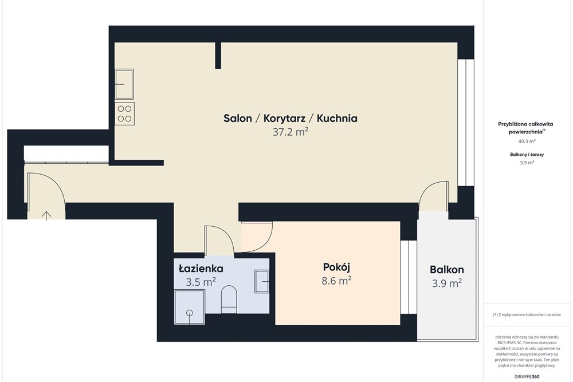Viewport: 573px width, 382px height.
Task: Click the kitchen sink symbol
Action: pos(124,84)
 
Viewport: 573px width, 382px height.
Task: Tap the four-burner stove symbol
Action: pos(124,113)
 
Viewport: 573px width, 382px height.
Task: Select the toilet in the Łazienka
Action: pos(229,300)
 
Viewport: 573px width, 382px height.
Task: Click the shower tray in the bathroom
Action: pos(190,307)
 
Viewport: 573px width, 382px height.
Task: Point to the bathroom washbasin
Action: pos(262,281)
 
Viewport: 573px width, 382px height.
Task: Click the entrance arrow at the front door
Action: pos(46,215)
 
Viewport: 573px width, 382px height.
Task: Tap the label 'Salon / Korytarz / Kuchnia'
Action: pos(291,119)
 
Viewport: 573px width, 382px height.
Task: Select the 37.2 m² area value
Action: pos(291,132)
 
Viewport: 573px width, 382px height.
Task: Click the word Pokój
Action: pos(336,267)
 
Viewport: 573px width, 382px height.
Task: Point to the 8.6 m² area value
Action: pos(336,281)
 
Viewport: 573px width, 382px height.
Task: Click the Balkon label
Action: pos(447,270)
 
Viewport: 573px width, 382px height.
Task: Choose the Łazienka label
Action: pos(201,269)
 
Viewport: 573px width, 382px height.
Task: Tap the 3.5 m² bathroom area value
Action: pos(201,282)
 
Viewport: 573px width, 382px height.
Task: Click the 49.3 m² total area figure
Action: pos(527,141)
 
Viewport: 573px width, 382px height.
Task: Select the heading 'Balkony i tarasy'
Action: pos(527,155)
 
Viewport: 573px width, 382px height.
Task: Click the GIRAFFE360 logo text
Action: pos(527,376)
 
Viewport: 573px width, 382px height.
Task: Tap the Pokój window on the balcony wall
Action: pos(409,277)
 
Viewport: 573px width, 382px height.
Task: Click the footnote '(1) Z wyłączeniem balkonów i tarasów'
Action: pos(527,314)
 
